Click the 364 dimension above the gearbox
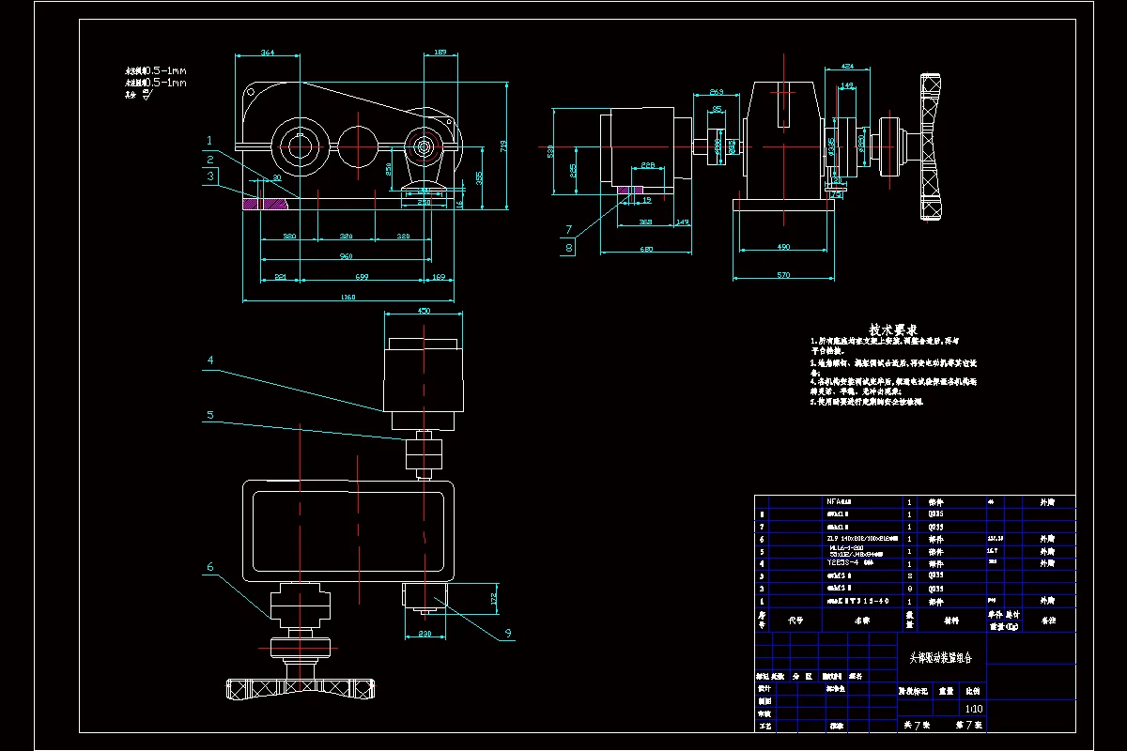tap(268, 54)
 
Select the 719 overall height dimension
tap(503, 146)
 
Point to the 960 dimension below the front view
tap(346, 255)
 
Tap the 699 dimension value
tap(363, 278)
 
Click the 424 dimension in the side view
tap(847, 68)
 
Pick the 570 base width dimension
tap(785, 275)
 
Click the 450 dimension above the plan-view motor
tap(423, 312)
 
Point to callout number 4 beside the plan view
tap(210, 360)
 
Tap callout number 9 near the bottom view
tap(508, 633)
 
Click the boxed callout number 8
tap(569, 248)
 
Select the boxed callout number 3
tap(211, 176)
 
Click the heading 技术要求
tap(892, 330)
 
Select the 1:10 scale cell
tap(974, 709)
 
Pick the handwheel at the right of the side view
tap(932, 146)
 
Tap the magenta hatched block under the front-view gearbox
tap(267, 200)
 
